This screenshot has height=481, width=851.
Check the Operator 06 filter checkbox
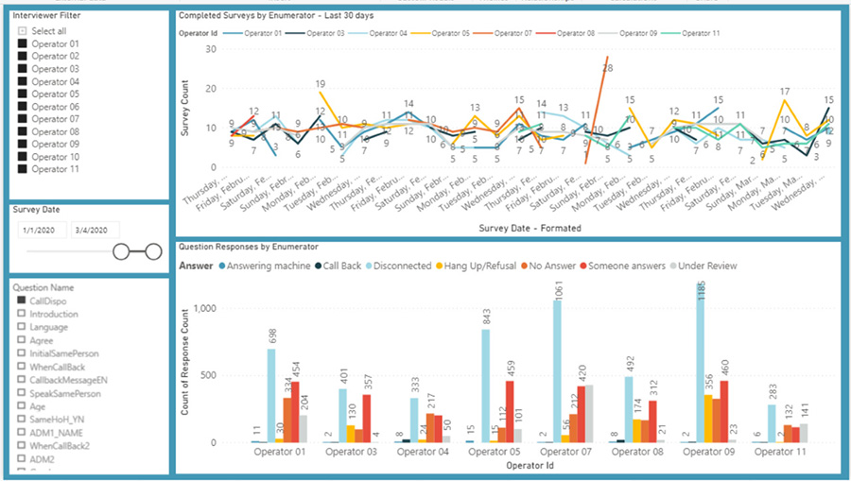[x=23, y=107]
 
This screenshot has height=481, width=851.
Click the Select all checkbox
[x=23, y=31]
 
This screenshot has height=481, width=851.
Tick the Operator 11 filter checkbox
[x=23, y=169]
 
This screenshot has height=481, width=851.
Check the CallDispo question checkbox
[x=21, y=301]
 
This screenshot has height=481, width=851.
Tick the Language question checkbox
[x=21, y=327]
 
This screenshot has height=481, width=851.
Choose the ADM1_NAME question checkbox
[x=21, y=432]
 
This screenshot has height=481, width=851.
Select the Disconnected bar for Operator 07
[x=556, y=371]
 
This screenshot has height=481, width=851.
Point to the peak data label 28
[x=608, y=68]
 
